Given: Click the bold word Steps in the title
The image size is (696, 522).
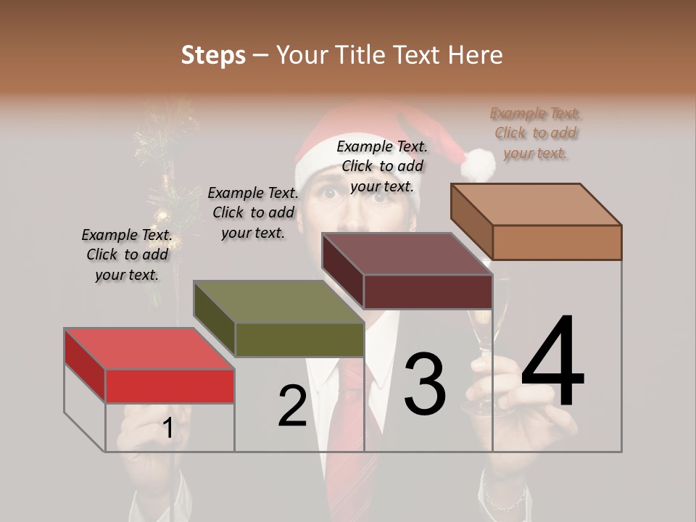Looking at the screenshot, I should click(213, 55).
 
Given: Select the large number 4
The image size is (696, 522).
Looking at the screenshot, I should click(552, 362).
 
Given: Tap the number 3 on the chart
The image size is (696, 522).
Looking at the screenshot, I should click(425, 384).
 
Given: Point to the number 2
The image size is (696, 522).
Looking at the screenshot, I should click(292, 406).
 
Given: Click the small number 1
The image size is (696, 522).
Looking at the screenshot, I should click(167, 428).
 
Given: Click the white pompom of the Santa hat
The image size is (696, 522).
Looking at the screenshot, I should click(478, 165).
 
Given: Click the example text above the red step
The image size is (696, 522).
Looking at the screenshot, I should click(127, 254).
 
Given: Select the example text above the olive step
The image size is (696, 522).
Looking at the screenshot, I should click(253, 212).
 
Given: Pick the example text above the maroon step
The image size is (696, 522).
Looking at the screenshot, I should click(382, 166).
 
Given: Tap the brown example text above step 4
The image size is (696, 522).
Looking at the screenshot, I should click(536, 133).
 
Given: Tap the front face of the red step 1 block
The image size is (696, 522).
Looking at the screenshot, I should click(170, 386).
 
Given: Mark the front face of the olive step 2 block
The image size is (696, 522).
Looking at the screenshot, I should click(299, 339).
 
